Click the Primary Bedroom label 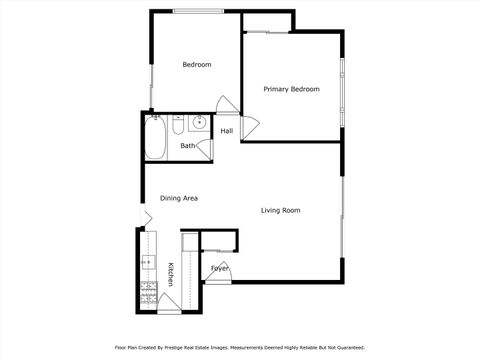(291, 89)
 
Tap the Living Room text (280, 210)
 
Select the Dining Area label (178, 198)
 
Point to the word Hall (227, 131)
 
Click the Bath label (188, 146)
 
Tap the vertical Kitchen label (171, 274)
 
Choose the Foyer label (219, 268)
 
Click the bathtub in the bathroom (155, 139)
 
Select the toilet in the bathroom (177, 126)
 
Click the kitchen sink (148, 263)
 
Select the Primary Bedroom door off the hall (249, 127)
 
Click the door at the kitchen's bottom (170, 304)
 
